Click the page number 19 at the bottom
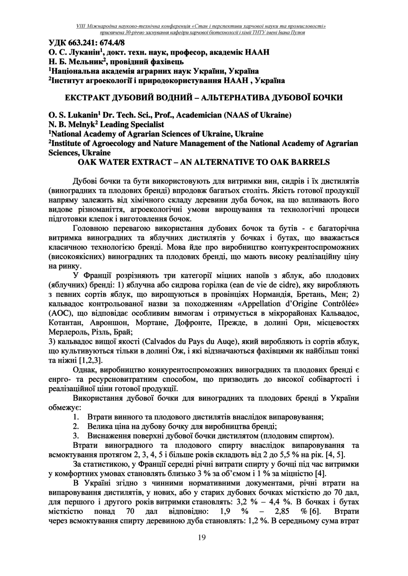pyautogui.click(x=201, y=537)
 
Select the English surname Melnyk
pyautogui.click(x=71, y=124)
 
